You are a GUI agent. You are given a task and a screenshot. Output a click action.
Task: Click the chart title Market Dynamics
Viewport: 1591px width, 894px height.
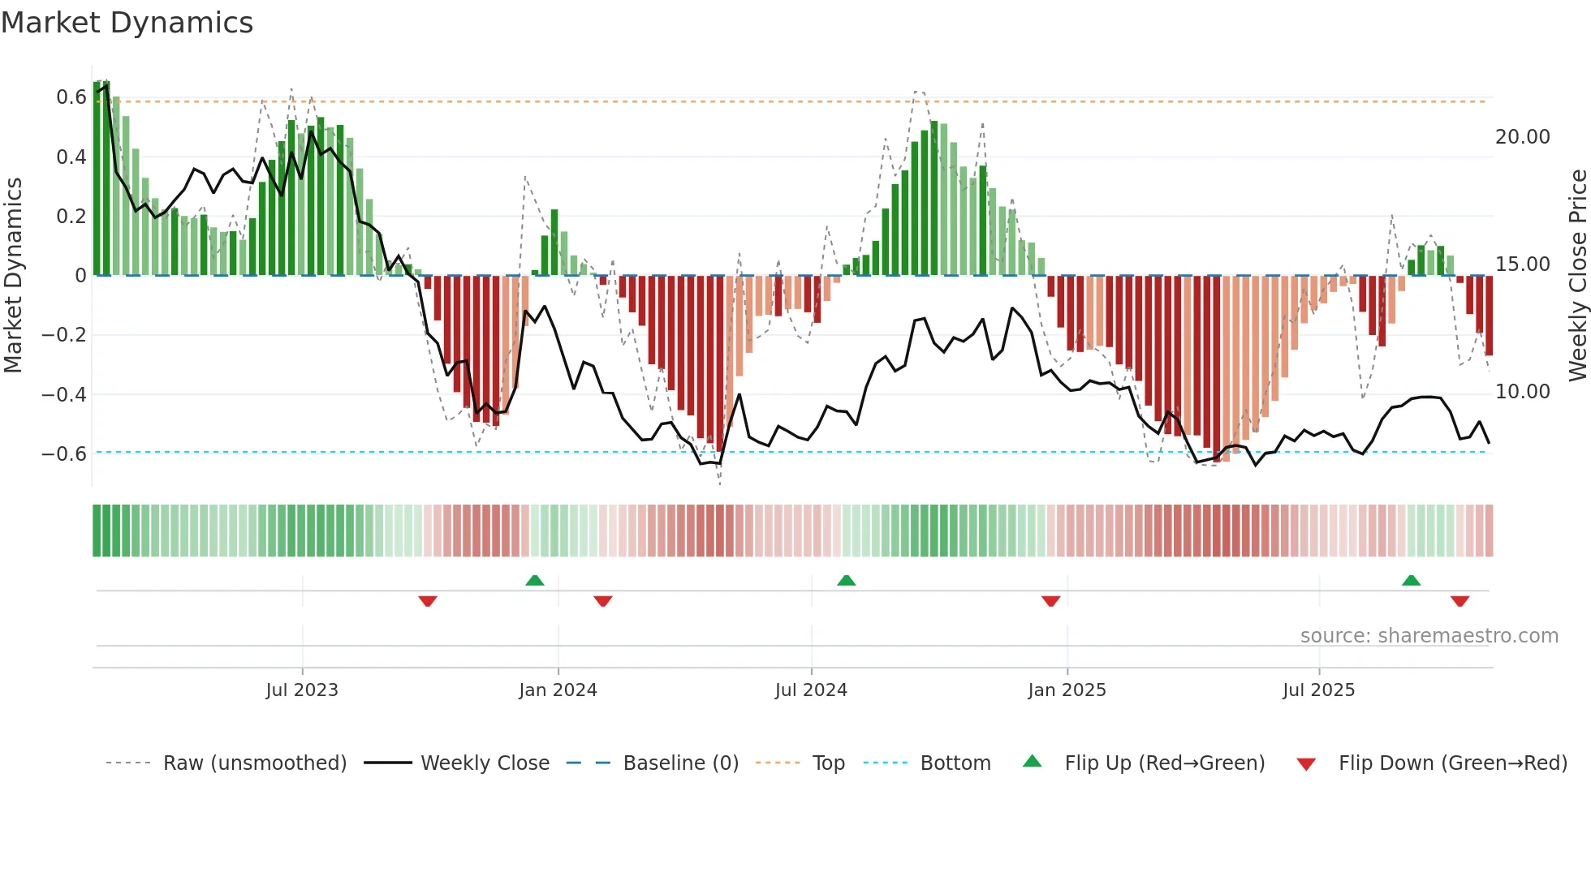tap(127, 23)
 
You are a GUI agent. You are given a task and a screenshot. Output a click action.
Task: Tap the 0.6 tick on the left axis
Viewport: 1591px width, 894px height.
tap(71, 97)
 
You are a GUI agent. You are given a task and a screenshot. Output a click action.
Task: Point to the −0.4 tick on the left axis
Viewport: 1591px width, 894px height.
tap(64, 395)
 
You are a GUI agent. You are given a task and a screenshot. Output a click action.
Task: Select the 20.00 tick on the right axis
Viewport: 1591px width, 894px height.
tap(1522, 137)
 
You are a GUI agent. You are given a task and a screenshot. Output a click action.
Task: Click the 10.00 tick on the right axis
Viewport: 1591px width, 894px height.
tap(1522, 392)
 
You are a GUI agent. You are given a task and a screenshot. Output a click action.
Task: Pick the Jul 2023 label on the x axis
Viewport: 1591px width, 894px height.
tap(302, 690)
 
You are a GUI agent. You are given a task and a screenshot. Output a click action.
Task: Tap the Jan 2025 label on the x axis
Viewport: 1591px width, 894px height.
tap(1067, 690)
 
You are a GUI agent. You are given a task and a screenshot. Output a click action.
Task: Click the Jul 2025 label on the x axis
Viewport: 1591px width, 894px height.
tap(1318, 690)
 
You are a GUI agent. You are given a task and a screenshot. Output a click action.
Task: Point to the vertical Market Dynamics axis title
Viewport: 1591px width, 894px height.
tap(14, 276)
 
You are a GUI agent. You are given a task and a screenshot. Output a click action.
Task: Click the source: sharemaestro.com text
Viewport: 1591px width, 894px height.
tap(1429, 636)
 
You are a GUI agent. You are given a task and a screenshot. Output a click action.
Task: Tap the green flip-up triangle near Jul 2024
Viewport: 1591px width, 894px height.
tap(846, 581)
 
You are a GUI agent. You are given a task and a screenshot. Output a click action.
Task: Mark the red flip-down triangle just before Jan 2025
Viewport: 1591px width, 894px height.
tap(1050, 601)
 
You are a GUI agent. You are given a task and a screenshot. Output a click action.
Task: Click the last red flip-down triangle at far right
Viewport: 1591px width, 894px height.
tap(1459, 601)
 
